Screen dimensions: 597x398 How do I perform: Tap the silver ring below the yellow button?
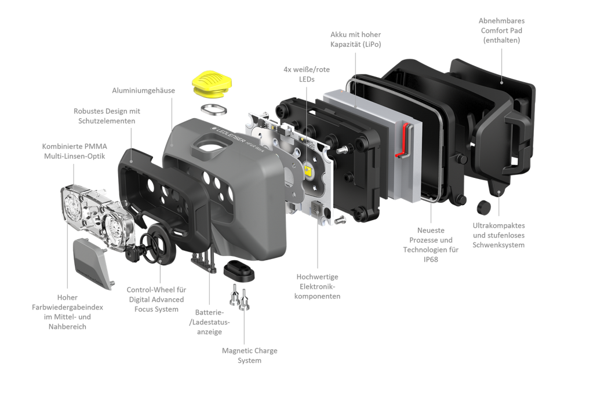click(x=214, y=109)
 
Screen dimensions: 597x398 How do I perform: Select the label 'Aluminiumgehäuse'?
click(x=144, y=90)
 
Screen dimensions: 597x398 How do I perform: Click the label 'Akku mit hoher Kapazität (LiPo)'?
click(x=356, y=39)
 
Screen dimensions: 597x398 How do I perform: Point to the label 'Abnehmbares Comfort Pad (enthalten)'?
click(x=501, y=31)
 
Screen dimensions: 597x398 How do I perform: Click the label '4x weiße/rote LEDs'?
click(x=307, y=74)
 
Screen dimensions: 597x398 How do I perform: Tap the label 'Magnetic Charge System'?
click(x=249, y=355)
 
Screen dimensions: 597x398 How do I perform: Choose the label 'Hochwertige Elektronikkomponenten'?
click(x=317, y=287)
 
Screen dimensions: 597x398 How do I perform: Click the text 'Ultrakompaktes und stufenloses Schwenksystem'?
click(x=498, y=235)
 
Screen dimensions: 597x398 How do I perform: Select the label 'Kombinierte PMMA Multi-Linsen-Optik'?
click(x=74, y=151)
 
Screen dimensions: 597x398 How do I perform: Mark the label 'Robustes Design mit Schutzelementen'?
click(x=107, y=116)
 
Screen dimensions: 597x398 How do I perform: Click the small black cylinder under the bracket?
click(x=483, y=207)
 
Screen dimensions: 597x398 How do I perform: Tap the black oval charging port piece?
click(x=239, y=271)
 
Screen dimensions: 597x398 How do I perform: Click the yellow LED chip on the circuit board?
click(x=308, y=170)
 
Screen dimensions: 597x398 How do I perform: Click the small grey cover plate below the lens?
click(x=93, y=263)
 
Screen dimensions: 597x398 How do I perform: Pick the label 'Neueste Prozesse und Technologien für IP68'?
click(x=431, y=244)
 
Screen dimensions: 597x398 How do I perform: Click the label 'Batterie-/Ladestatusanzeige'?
click(x=209, y=322)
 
